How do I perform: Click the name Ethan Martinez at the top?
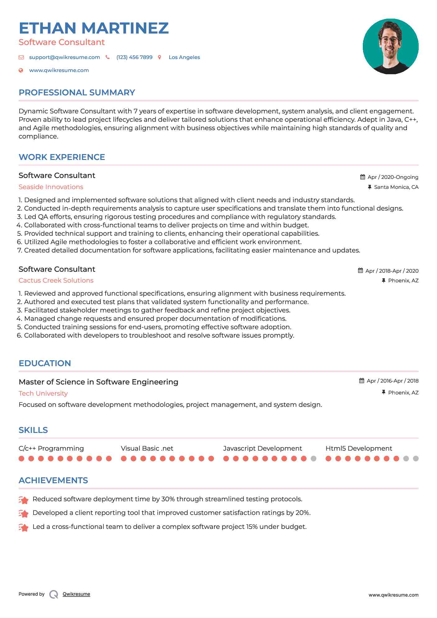tap(93, 28)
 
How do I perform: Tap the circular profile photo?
tap(390, 46)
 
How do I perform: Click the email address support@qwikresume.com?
tap(64, 57)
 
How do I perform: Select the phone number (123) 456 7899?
tap(134, 57)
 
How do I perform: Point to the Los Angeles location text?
tap(184, 57)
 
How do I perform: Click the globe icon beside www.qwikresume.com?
tap(21, 70)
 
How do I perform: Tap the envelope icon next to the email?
tap(21, 57)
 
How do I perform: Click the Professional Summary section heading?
tap(77, 93)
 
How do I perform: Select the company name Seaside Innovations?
tap(51, 187)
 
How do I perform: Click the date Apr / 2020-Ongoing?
tap(393, 177)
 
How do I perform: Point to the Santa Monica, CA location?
tap(396, 187)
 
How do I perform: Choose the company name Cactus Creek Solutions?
tap(56, 280)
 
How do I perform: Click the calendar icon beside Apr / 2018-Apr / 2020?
tap(360, 270)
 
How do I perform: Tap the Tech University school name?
tap(43, 393)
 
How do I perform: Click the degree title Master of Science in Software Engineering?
tap(98, 382)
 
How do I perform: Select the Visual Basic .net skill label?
tap(147, 448)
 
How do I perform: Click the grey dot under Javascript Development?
tap(313, 458)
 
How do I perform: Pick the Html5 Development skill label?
tap(359, 448)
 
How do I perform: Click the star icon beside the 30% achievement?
tap(24, 500)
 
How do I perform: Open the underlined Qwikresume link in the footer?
tap(76, 594)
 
